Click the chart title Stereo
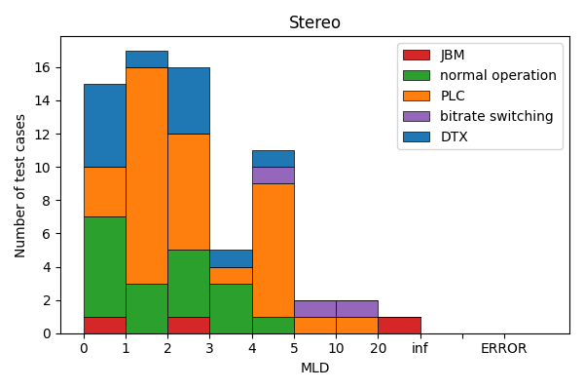pos(314,22)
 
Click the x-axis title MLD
pos(314,368)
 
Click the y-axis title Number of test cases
pos(20,185)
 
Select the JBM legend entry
pos(452,55)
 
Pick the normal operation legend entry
pos(497,75)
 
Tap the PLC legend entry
pos(453,96)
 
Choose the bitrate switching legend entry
pos(496,116)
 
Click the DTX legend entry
pos(454,136)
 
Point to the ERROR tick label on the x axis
pos(503,348)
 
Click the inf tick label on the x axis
pos(420,348)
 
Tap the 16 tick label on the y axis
pos(43,67)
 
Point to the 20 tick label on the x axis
pos(378,348)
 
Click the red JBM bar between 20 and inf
pos(398,325)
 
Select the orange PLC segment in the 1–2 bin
pos(146,175)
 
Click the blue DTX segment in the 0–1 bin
pos(104,125)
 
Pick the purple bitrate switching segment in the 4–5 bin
pos(273,175)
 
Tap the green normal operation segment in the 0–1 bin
pos(104,266)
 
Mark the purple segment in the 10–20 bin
pos(356,308)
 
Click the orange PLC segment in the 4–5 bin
pos(273,250)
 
